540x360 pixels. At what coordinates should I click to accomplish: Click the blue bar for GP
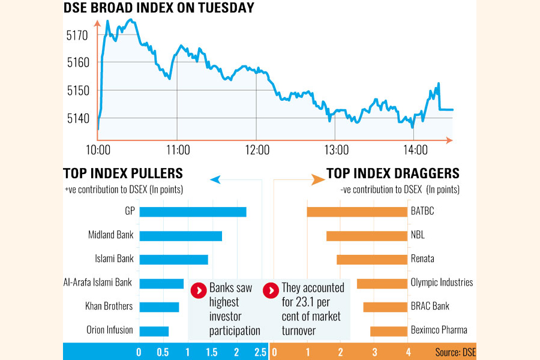[192, 212]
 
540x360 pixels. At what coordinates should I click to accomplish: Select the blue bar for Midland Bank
[180, 236]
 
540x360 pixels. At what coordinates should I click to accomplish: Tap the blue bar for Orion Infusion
[154, 331]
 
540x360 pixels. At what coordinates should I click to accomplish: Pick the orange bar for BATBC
[356, 212]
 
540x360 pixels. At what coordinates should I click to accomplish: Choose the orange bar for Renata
[371, 259]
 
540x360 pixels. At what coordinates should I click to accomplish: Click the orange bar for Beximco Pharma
[388, 331]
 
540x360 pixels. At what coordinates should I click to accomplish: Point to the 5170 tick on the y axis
[77, 35]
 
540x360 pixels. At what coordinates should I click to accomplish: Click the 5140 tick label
[77, 118]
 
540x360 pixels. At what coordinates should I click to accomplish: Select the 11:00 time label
[177, 149]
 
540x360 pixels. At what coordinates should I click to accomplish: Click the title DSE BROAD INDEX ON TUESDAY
[158, 8]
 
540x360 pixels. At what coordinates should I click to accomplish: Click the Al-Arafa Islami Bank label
[98, 283]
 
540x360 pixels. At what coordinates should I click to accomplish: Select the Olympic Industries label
[442, 283]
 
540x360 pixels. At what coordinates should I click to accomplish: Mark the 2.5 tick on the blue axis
[260, 352]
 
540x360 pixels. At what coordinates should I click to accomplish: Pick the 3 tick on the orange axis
[375, 352]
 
